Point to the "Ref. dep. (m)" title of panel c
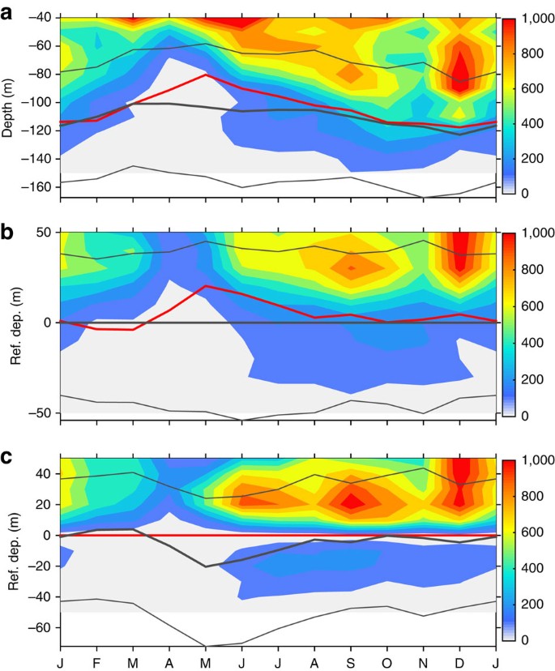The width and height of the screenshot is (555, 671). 9,550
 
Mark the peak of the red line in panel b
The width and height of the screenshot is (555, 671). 206,286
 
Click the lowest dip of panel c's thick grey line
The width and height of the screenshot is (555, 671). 206,566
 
